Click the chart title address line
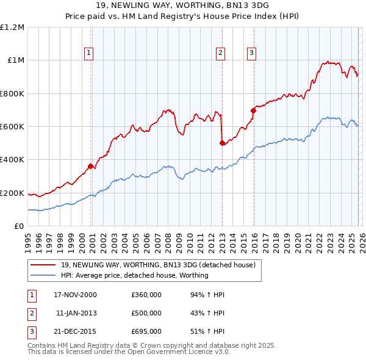[183, 5]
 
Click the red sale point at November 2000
[91, 166]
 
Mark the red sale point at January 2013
[222, 143]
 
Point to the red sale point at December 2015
[253, 110]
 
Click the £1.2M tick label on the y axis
[12, 27]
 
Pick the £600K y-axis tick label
[12, 126]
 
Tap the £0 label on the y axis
[18, 226]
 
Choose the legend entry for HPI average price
[134, 275]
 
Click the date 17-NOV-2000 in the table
[75, 295]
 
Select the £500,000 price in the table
[146, 313]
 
